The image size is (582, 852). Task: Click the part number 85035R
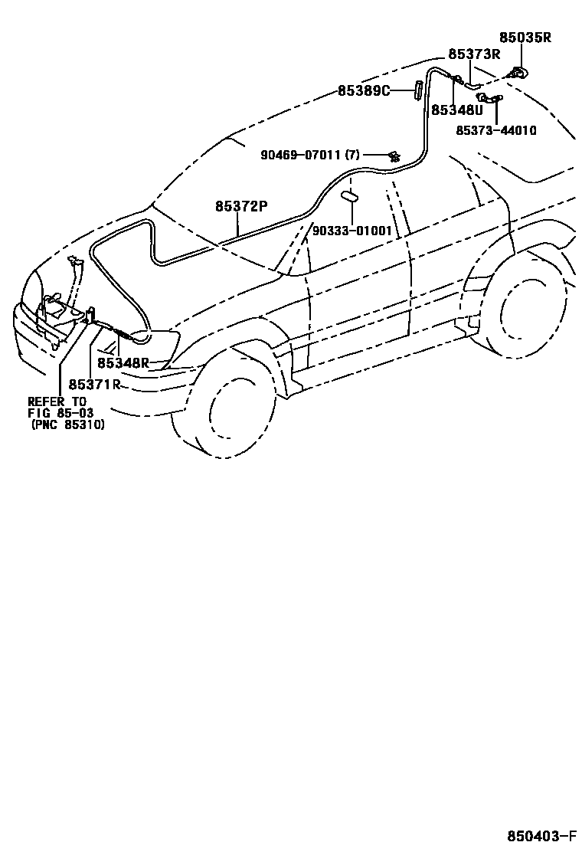click(525, 38)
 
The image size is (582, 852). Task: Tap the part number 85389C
click(364, 90)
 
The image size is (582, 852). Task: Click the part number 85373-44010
click(496, 130)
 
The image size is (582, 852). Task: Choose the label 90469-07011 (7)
click(309, 156)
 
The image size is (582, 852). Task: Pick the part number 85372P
click(241, 206)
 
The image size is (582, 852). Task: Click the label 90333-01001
click(352, 231)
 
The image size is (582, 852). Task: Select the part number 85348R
click(123, 363)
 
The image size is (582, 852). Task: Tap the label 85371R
click(95, 384)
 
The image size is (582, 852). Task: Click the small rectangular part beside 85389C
click(419, 90)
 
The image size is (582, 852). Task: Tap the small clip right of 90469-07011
click(394, 156)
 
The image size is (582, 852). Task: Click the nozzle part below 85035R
click(519, 74)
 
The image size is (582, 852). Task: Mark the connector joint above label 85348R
click(121, 333)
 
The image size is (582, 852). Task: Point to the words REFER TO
click(57, 401)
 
